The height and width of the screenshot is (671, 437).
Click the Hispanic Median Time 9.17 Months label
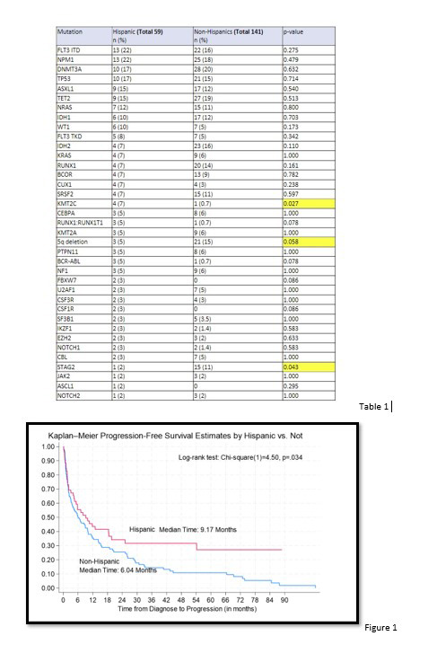click(x=183, y=529)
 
